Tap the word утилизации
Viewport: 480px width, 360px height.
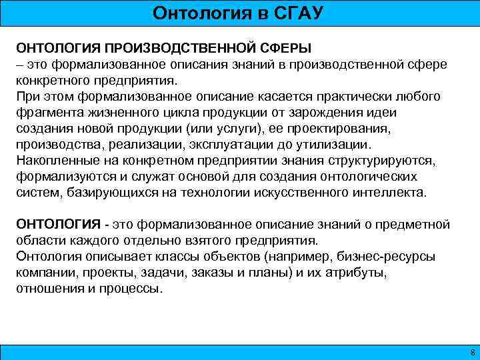click(x=337, y=145)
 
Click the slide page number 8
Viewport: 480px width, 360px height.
click(x=471, y=351)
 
